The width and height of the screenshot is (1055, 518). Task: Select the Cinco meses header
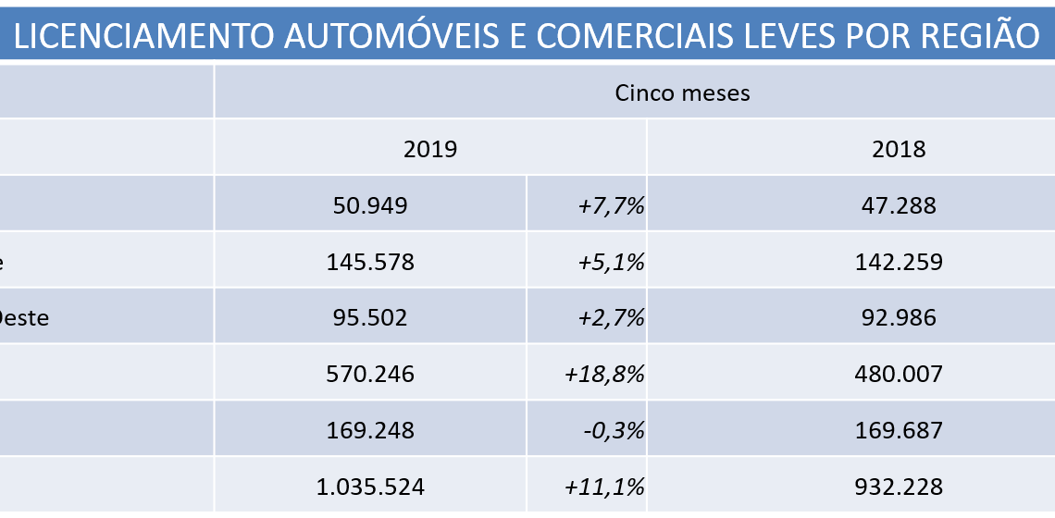coord(682,93)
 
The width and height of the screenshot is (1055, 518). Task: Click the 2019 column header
coord(430,149)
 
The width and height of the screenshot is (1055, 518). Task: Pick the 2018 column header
coord(899,149)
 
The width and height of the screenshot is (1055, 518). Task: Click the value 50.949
coord(370,205)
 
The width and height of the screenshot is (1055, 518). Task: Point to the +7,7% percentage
coord(610,205)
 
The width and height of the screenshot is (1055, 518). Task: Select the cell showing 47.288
coord(899,205)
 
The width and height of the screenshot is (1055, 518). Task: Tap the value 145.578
coord(370,262)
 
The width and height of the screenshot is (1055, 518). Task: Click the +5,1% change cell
coord(610,262)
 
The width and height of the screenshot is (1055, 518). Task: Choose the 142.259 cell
coord(899,262)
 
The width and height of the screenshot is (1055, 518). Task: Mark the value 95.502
coord(370,317)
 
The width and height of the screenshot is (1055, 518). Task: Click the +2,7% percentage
coord(610,317)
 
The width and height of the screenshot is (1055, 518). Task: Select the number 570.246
coord(370,374)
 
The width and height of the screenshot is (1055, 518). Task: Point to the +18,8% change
coord(604,374)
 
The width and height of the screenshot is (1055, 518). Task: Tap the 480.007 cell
coord(899,374)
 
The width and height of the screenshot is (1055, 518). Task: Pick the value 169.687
coord(899,430)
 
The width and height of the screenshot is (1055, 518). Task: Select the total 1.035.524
coord(370,487)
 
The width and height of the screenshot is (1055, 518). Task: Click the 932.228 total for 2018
coord(899,487)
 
